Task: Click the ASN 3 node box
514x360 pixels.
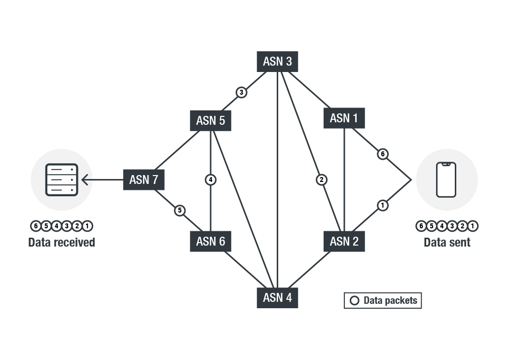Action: pyautogui.click(x=277, y=61)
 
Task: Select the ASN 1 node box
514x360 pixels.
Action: pyautogui.click(x=344, y=118)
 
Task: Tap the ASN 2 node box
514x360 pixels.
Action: pyautogui.click(x=344, y=241)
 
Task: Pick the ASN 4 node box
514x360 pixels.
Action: pyautogui.click(x=277, y=298)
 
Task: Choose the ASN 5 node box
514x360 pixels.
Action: pyautogui.click(x=211, y=120)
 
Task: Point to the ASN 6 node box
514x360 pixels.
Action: pyautogui.click(x=211, y=241)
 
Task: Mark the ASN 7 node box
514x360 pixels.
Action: pyautogui.click(x=143, y=180)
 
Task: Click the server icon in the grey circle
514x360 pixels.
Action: pyautogui.click(x=62, y=180)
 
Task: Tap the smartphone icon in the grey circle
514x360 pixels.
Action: pyautogui.click(x=446, y=180)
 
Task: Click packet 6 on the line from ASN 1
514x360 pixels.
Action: pyautogui.click(x=382, y=154)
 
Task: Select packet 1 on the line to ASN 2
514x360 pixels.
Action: pyautogui.click(x=382, y=205)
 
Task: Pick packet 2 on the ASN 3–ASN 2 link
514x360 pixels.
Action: pyautogui.click(x=321, y=180)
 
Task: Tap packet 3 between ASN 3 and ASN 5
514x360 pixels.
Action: pyautogui.click(x=241, y=92)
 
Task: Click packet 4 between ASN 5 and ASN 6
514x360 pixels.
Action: pyautogui.click(x=211, y=180)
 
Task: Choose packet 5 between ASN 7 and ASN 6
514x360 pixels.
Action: pyautogui.click(x=180, y=211)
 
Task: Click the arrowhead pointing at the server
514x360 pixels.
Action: pyautogui.click(x=84, y=180)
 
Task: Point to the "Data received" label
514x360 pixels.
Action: pyautogui.click(x=62, y=242)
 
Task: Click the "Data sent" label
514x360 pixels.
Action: pyautogui.click(x=447, y=242)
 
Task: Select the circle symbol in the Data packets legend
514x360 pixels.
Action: pyautogui.click(x=354, y=300)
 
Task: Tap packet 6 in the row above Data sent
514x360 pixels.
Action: pyautogui.click(x=421, y=226)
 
